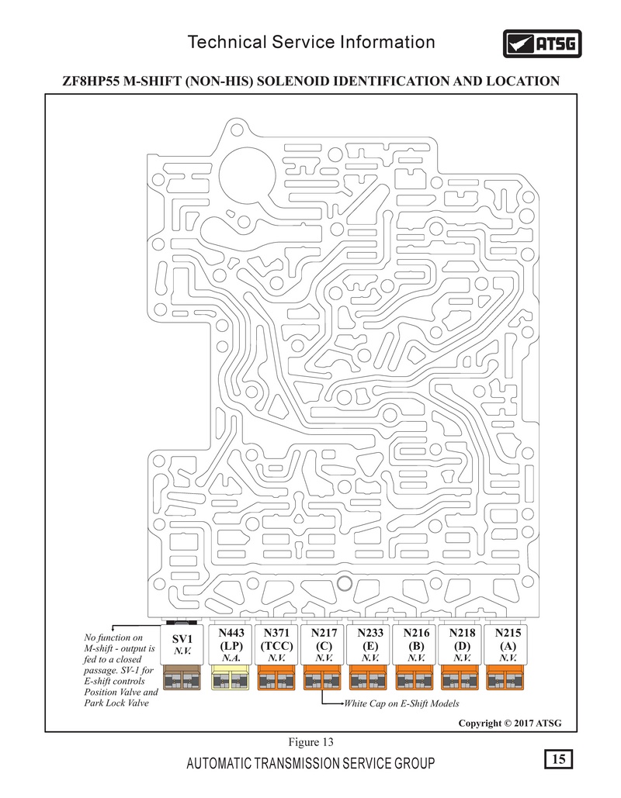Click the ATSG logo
click(542, 43)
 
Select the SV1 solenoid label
click(182, 644)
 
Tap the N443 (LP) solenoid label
click(231, 644)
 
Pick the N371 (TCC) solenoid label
click(276, 644)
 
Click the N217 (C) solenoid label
click(324, 644)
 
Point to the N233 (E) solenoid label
click(369, 644)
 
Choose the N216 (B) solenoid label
click(416, 644)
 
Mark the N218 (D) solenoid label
click(462, 644)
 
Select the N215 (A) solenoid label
click(508, 644)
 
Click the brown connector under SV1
click(182, 678)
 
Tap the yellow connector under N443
click(229, 678)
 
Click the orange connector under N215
click(505, 678)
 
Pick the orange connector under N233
click(368, 678)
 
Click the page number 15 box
click(558, 759)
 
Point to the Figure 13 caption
click(310, 742)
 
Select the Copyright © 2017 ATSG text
click(510, 724)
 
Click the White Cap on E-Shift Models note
click(401, 704)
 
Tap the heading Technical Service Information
click(311, 42)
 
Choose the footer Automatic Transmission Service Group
click(310, 763)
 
